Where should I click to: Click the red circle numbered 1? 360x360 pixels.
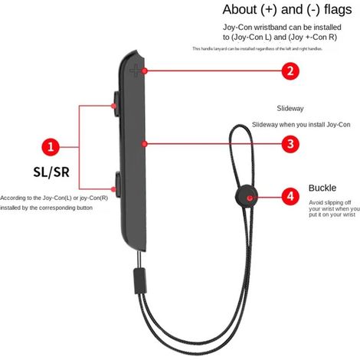(51, 147)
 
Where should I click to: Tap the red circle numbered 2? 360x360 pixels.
(290, 70)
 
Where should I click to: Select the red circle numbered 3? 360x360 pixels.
(290, 144)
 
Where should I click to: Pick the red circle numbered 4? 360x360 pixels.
(290, 197)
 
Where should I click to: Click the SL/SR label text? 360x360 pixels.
(51, 172)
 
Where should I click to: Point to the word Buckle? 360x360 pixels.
(322, 188)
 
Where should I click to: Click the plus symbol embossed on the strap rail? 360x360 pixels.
(136, 70)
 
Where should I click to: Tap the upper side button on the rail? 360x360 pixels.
(116, 104)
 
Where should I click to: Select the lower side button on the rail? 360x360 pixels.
(118, 185)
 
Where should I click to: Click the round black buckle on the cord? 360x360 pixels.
(247, 197)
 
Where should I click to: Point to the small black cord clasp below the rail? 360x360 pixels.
(139, 281)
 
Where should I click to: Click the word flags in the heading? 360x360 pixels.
(338, 10)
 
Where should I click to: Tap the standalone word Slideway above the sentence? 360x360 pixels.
(290, 109)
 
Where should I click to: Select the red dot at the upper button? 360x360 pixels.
(113, 106)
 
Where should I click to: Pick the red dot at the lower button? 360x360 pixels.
(113, 189)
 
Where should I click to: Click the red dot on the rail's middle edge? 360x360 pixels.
(144, 144)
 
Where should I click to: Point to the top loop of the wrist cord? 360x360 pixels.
(241, 126)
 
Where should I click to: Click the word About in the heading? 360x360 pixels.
(240, 10)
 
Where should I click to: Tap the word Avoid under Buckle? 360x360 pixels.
(316, 202)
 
